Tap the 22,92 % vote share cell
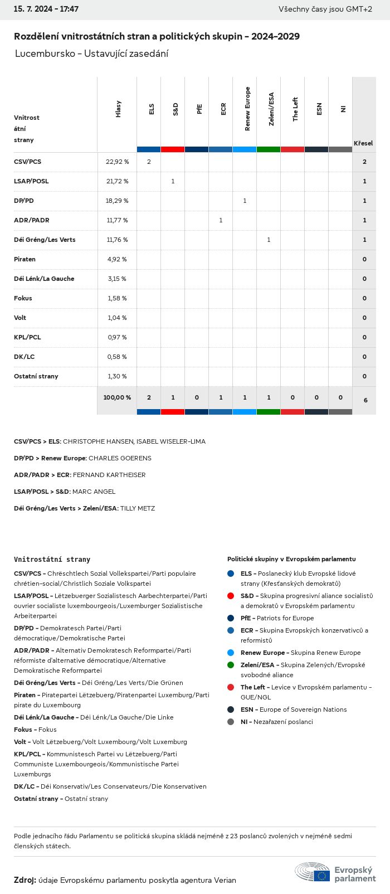(117, 162)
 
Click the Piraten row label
(25, 259)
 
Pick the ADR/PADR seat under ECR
(221, 220)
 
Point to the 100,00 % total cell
(117, 397)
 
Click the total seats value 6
(365, 400)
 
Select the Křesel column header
(363, 143)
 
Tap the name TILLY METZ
(138, 508)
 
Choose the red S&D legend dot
(231, 596)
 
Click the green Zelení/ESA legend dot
(231, 665)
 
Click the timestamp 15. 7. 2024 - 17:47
(46, 9)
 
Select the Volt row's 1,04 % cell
(117, 318)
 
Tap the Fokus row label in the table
(23, 298)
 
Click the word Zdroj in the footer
(25, 880)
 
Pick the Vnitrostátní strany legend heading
(52, 559)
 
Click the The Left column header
(295, 109)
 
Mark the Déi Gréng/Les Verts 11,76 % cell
(117, 240)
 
